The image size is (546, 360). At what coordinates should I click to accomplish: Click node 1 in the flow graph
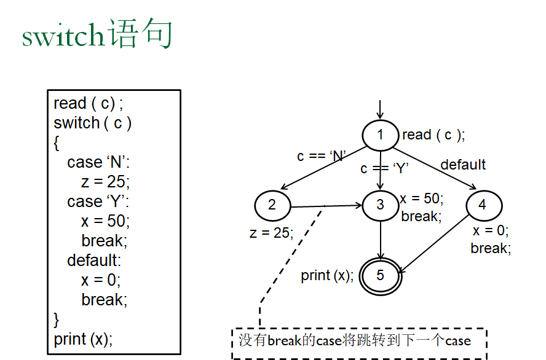[381, 135]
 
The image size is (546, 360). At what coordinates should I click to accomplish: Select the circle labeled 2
[272, 205]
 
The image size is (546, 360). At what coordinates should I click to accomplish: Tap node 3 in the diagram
[381, 205]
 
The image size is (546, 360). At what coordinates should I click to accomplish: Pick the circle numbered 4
[483, 205]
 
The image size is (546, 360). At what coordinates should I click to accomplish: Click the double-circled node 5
[381, 275]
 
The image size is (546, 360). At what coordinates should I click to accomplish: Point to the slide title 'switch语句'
[97, 35]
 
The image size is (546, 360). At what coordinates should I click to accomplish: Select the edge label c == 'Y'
[385, 168]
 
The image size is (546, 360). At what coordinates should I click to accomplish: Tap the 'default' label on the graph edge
[463, 165]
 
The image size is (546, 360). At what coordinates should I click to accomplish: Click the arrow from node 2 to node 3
[326, 206]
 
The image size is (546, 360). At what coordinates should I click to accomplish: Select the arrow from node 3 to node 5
[381, 240]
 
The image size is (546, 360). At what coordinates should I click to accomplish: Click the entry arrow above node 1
[381, 110]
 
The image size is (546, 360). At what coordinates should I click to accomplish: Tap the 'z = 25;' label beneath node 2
[271, 233]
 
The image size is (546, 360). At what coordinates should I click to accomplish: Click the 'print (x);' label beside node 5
[326, 276]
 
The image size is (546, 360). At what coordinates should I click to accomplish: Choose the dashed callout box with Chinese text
[359, 340]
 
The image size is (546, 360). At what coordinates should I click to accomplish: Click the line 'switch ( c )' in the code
[93, 123]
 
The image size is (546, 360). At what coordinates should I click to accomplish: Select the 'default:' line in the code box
[94, 260]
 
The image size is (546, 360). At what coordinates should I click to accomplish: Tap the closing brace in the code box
[57, 319]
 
